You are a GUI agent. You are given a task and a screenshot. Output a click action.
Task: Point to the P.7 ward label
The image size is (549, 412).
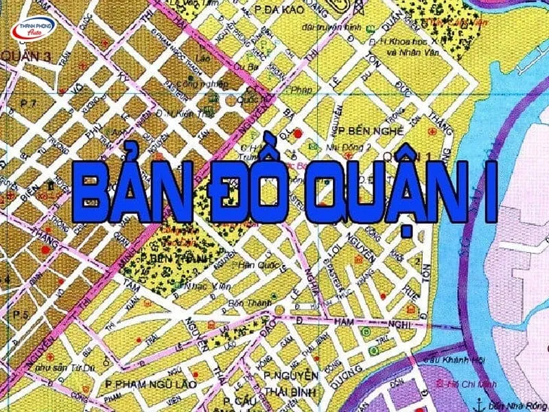(28, 103)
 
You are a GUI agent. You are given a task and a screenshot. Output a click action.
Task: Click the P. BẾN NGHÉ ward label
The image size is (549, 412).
(375, 130)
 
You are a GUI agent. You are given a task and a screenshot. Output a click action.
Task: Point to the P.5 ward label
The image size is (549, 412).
(20, 314)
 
